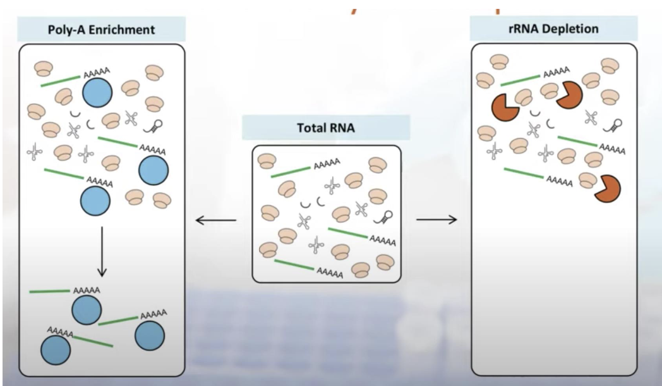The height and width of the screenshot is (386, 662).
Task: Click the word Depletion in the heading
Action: click(569, 29)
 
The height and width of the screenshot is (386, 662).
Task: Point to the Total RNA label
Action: click(326, 127)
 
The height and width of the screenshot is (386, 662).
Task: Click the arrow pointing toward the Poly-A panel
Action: click(215, 220)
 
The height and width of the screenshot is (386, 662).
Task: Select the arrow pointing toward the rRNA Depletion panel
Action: click(436, 220)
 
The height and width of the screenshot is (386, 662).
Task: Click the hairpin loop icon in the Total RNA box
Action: click(382, 217)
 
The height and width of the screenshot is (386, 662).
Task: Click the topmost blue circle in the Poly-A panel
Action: click(97, 94)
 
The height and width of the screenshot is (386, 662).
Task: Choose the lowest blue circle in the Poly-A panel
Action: click(56, 349)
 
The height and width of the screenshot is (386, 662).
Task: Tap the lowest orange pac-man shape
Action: click(608, 189)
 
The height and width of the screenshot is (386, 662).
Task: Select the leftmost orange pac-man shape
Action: click(505, 108)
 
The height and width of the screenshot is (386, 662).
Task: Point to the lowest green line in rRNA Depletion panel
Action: click(523, 173)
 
